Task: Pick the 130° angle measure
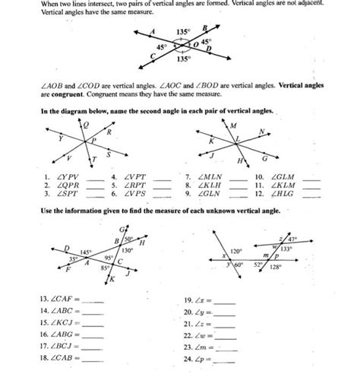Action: point(128,250)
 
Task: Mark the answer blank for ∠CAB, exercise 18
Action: point(95,357)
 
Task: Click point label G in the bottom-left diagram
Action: point(122,229)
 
